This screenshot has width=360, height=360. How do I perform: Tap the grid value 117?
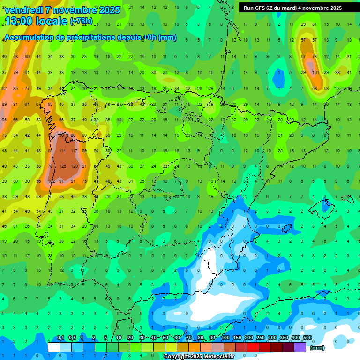click(74, 151)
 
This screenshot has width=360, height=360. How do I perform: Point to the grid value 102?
click(51, 181)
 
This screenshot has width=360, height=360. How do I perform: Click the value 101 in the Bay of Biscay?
click(315, 72)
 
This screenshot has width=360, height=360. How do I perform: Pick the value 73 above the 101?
click(315, 56)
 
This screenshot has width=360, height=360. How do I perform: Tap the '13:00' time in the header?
click(18, 21)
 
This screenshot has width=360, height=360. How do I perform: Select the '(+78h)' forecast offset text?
click(81, 21)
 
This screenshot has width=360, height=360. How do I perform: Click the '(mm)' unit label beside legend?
click(317, 348)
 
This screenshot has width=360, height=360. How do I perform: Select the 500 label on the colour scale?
click(307, 337)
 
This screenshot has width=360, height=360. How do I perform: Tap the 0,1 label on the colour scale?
click(60, 337)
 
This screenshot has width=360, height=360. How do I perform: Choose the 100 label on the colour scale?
click(225, 337)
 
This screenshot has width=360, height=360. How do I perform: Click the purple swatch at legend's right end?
click(300, 347)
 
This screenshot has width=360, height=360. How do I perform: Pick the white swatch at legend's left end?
click(54, 347)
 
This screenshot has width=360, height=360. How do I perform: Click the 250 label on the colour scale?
click(260, 337)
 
